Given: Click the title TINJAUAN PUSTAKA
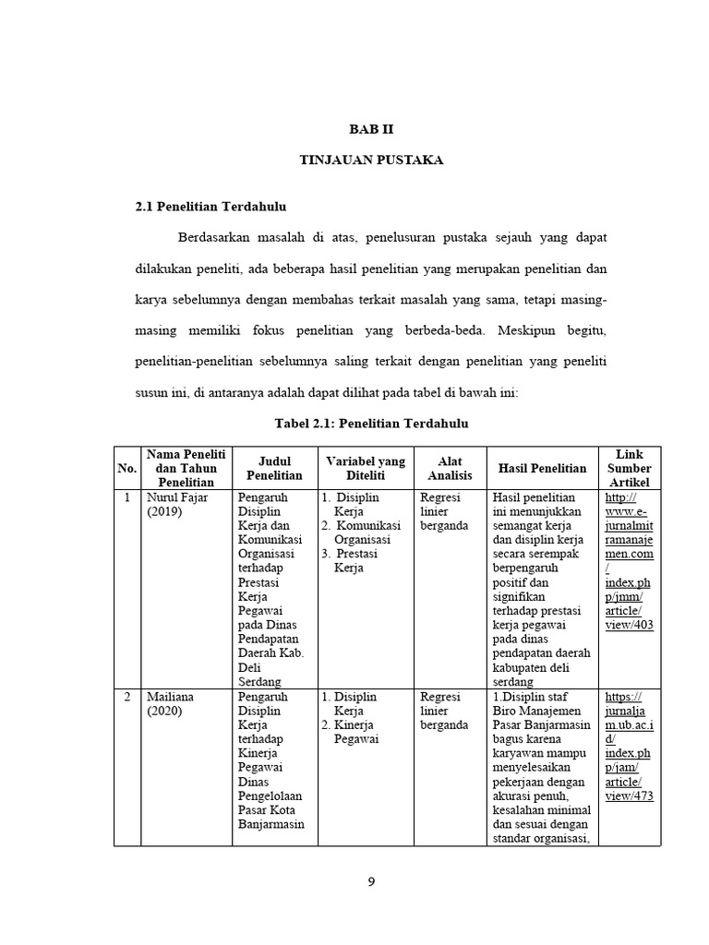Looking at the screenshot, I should [x=372, y=161].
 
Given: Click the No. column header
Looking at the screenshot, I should [x=126, y=468].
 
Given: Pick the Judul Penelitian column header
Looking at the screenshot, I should [x=274, y=468].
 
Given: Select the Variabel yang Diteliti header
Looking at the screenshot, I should [x=366, y=468].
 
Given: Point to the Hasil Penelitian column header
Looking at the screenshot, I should [x=542, y=468].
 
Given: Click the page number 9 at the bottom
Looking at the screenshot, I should [x=371, y=880].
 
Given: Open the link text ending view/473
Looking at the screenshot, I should [x=630, y=795].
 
